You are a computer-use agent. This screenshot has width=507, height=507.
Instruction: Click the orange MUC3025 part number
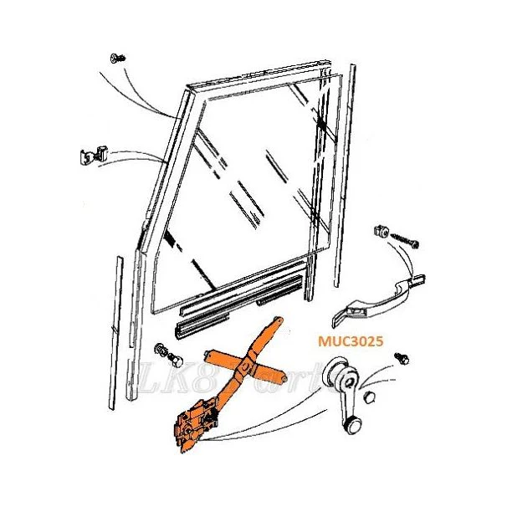point(351,341)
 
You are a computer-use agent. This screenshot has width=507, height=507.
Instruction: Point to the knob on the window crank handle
point(353,423)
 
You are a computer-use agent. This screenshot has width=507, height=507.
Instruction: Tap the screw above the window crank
point(402,359)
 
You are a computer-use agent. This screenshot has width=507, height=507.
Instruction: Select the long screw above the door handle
point(405,240)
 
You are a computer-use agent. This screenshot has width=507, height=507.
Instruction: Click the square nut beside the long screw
point(380,232)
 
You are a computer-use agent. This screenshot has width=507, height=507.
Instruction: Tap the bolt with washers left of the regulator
point(168,355)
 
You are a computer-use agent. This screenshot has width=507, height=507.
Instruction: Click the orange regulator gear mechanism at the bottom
point(195,423)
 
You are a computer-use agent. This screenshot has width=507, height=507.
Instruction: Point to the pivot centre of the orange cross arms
point(245,367)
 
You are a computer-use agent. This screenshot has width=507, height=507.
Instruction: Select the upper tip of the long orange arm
point(279,320)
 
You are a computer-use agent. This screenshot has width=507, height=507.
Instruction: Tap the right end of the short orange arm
point(284,379)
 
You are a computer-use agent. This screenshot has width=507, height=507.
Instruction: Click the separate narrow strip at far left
point(115,333)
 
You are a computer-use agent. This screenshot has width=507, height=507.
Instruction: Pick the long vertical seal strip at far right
point(345,176)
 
